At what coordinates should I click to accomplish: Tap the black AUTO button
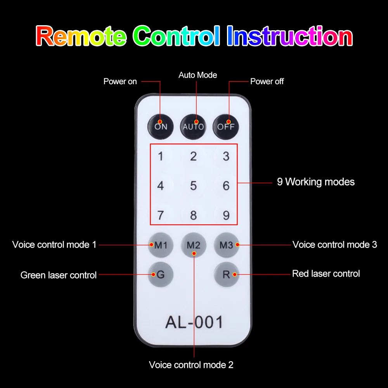pos(193,126)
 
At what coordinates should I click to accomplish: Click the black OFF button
pos(226,126)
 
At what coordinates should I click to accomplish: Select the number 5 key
pos(193,186)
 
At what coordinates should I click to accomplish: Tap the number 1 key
pos(161,157)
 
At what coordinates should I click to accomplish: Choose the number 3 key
pos(226,157)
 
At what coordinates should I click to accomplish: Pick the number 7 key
pos(161,215)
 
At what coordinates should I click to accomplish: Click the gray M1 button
pos(161,245)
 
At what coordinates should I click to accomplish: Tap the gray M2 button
pos(193,245)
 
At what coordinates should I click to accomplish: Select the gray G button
pos(161,275)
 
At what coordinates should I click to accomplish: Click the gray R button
pos(226,275)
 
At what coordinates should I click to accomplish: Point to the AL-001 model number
pos(194,322)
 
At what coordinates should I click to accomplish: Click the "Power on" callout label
pos(120,81)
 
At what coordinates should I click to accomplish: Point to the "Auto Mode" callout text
pos(197,75)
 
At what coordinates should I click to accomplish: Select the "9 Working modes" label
pos(315,182)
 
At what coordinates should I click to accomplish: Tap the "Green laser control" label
pos(58,275)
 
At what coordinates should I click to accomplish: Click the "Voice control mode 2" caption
pos(191,365)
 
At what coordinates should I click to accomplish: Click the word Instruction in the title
pos(289,36)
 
